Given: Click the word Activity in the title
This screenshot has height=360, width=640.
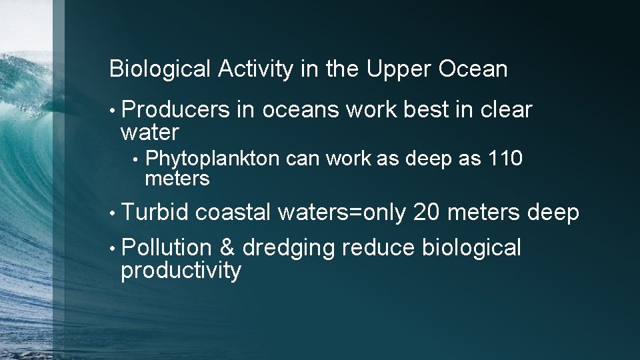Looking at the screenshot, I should (255, 69).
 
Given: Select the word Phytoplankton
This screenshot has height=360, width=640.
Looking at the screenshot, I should (213, 159).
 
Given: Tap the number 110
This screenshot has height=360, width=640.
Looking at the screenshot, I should (505, 159).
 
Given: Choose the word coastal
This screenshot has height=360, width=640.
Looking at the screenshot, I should (233, 213).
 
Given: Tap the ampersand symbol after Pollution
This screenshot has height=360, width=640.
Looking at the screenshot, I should (227, 248).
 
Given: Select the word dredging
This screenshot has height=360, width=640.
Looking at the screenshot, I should (289, 249).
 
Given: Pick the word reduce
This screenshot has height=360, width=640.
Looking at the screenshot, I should (379, 248).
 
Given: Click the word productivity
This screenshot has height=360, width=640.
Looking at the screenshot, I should (181, 271).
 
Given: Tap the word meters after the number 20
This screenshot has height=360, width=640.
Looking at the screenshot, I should (485, 213).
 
